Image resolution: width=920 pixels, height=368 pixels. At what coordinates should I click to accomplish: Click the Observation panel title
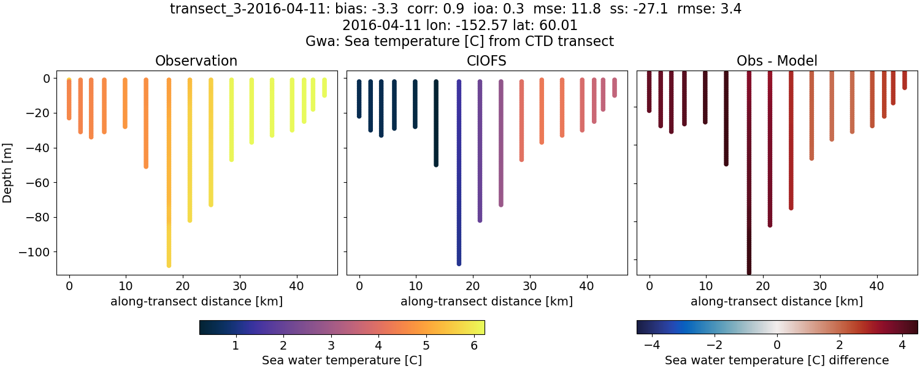(x=196, y=61)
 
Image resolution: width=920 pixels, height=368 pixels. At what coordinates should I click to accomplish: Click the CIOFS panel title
(x=487, y=61)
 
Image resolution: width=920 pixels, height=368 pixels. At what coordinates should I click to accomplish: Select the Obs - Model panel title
(x=777, y=61)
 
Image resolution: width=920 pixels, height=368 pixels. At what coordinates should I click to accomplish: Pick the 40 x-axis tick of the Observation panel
(x=297, y=285)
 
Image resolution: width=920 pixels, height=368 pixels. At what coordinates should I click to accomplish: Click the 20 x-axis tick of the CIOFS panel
(x=473, y=285)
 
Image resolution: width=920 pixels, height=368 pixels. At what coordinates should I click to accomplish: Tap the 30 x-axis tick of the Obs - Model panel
(x=820, y=285)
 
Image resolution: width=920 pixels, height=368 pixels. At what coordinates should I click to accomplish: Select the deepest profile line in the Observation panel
(x=169, y=172)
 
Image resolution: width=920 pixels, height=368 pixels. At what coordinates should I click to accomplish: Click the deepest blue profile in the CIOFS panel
(x=459, y=172)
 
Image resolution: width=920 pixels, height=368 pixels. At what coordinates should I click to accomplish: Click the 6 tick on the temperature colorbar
(x=474, y=345)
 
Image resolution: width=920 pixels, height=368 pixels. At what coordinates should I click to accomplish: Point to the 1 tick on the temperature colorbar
(x=235, y=345)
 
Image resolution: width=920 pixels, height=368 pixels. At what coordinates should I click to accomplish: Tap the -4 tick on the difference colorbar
(x=652, y=345)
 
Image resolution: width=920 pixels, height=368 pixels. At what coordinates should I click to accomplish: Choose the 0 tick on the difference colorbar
(x=777, y=345)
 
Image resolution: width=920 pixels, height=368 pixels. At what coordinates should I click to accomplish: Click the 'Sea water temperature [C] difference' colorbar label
(x=777, y=360)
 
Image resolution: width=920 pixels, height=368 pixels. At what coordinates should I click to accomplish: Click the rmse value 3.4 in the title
(x=731, y=9)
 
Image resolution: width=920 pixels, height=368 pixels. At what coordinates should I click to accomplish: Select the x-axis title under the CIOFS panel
(x=487, y=301)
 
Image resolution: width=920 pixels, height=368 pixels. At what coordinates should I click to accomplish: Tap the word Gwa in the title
(x=318, y=42)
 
